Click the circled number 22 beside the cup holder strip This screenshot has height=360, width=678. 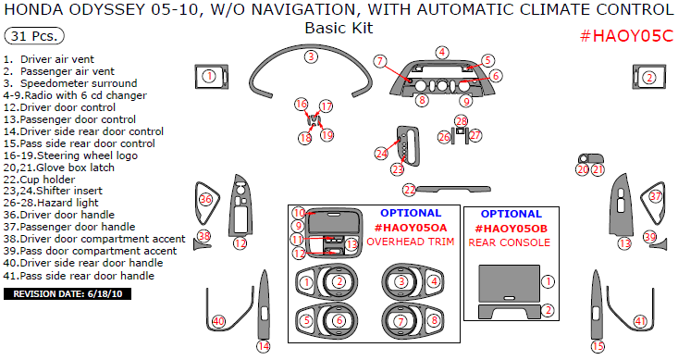pyautogui.click(x=409, y=190)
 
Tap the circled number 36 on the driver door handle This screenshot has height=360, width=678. pyautogui.click(x=205, y=200)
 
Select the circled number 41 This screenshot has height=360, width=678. pyautogui.click(x=640, y=321)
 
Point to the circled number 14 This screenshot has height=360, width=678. pyautogui.click(x=264, y=346)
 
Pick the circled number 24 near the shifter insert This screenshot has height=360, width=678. pyautogui.click(x=381, y=154)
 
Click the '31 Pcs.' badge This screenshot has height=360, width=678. pyautogui.click(x=33, y=36)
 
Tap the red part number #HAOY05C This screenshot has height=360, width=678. pyautogui.click(x=626, y=36)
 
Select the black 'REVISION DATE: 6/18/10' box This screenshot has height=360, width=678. pyautogui.click(x=68, y=294)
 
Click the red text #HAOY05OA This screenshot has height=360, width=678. pyautogui.click(x=411, y=228)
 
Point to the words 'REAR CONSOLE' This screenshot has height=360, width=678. pyautogui.click(x=510, y=242)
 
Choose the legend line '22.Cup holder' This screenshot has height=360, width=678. pyautogui.click(x=39, y=180)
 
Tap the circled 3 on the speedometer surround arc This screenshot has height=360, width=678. pyautogui.click(x=311, y=56)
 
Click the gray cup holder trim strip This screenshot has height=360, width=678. pyautogui.click(x=453, y=189)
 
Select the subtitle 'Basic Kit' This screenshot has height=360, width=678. pyautogui.click(x=339, y=28)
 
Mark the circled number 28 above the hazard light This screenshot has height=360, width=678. pyautogui.click(x=462, y=121)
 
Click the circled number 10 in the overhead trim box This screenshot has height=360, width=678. pyautogui.click(x=299, y=213)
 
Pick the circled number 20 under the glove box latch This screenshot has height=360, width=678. pyautogui.click(x=583, y=169)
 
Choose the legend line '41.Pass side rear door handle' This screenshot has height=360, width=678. pyautogui.click(x=79, y=276)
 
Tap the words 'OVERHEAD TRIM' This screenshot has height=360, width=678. pyautogui.click(x=411, y=242)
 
